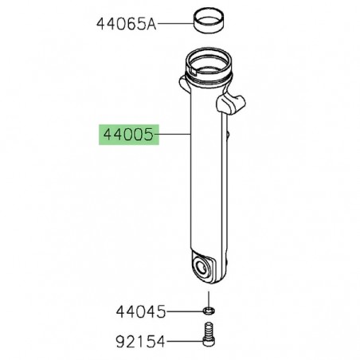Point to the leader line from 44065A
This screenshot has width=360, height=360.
176,24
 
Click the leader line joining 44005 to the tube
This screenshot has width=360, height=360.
176,136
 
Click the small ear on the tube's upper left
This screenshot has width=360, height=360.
181,82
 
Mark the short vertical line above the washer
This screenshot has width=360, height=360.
209,295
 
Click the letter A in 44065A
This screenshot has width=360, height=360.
151,24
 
